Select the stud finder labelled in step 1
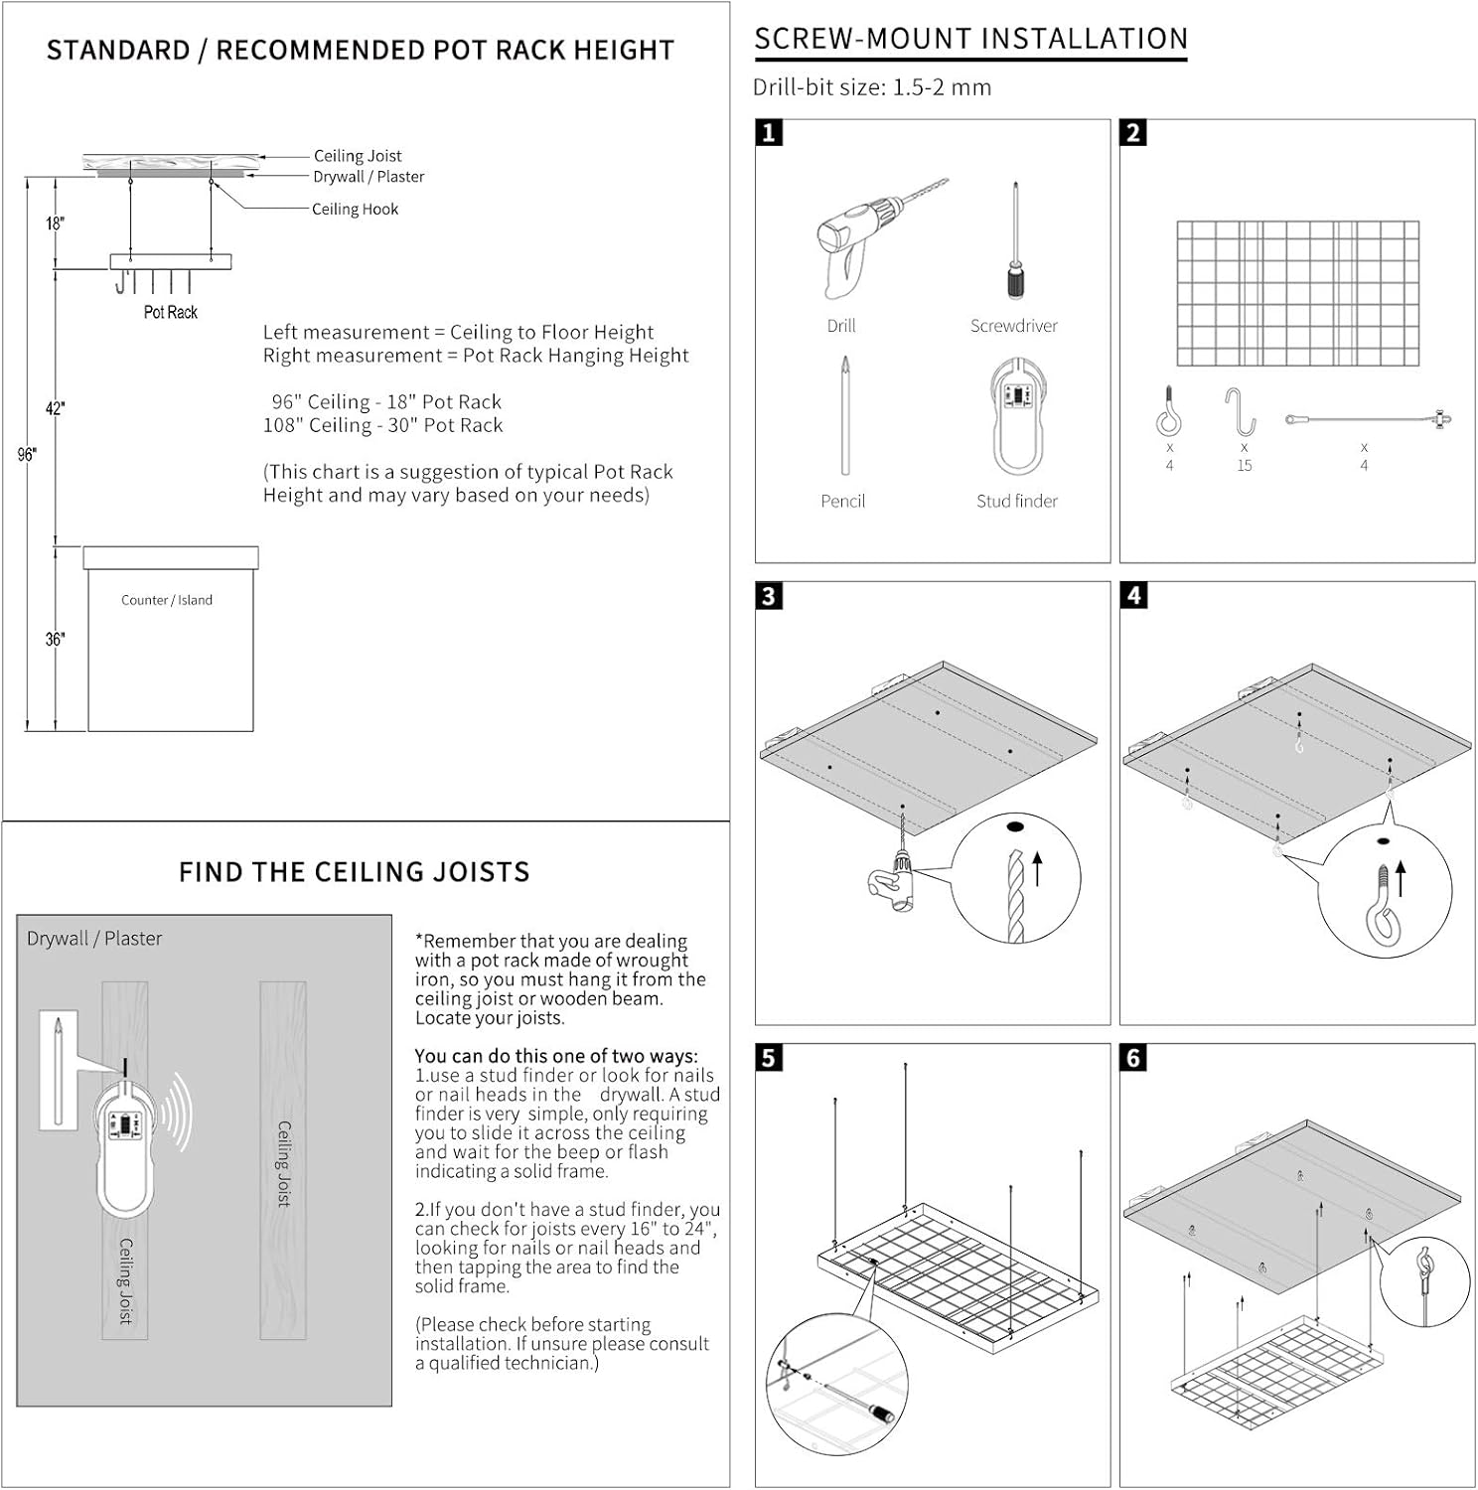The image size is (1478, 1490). [1016, 417]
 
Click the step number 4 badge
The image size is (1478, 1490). [1134, 595]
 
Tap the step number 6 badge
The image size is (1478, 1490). [1134, 1058]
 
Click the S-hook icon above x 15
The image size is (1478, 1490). [1241, 411]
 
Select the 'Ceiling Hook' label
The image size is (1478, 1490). [355, 210]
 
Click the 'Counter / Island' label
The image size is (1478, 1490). [167, 600]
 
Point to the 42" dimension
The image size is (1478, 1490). [55, 408]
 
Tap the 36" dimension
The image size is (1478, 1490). [55, 640]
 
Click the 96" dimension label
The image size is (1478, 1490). [27, 455]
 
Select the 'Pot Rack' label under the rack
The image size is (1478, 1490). [171, 312]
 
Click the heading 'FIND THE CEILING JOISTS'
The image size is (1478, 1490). [355, 872]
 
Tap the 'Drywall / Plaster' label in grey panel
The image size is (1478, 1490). [94, 939]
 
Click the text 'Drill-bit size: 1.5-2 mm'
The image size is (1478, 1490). [872, 87]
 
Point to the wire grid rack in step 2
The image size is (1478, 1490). [1297, 294]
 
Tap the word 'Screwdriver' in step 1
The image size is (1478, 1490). [1014, 326]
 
